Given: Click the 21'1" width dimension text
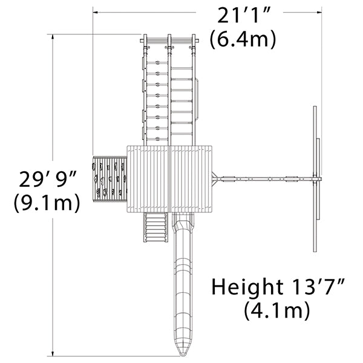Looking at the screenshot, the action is tap(244, 15).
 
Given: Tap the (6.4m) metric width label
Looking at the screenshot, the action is tap(243, 39).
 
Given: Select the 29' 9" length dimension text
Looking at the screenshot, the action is tap(48, 178).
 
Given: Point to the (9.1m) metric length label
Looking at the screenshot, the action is tap(47, 202).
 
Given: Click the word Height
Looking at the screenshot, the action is tap(247, 287).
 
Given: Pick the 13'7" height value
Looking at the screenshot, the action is tap(318, 286).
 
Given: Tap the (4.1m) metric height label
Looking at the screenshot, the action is tap(277, 310).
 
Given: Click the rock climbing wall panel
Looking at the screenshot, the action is tap(110, 179).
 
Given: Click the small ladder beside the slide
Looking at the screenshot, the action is tap(155, 227).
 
